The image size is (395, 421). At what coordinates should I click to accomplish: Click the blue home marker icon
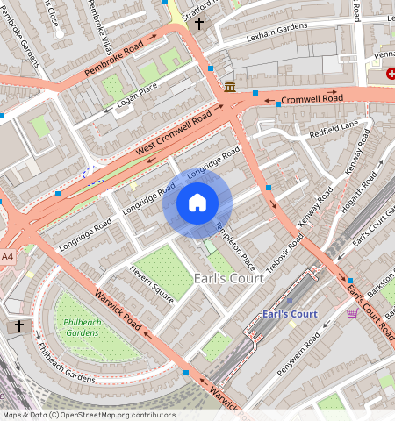[197, 203]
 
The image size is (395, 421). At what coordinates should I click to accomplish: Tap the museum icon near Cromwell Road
[230, 86]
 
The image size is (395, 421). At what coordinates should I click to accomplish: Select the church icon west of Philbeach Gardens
[19, 326]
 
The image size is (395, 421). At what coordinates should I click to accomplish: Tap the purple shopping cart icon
[352, 313]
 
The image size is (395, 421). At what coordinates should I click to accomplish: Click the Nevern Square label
[151, 282]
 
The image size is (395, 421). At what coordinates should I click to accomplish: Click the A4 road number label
[8, 256]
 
